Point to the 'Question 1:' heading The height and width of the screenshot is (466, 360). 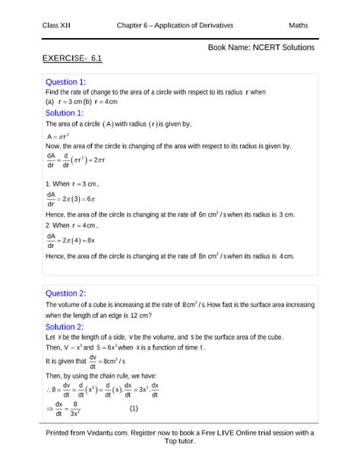pyautogui.click(x=66, y=81)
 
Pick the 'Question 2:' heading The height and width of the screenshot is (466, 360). pyautogui.click(x=66, y=293)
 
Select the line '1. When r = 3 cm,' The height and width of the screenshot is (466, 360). pyautogui.click(x=72, y=184)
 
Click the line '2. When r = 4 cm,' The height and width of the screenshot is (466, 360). pyautogui.click(x=72, y=226)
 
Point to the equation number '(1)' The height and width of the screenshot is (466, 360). pyautogui.click(x=133, y=408)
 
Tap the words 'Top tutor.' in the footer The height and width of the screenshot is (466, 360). pyautogui.click(x=180, y=443)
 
